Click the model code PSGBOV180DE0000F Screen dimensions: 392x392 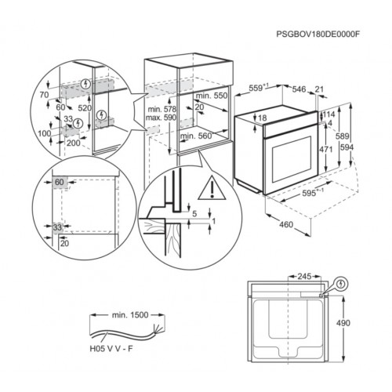click(318, 34)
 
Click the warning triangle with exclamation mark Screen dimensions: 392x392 click(212, 188)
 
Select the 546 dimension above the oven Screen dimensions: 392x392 click(299, 89)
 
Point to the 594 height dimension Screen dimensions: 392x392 click(347, 147)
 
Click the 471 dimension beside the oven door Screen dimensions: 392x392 click(326, 150)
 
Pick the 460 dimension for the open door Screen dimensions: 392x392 click(286, 224)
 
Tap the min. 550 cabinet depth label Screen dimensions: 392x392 click(212, 96)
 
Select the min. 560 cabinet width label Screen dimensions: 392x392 click(196, 136)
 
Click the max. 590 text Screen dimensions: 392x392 click(161, 118)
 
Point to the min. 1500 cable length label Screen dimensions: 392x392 click(130, 315)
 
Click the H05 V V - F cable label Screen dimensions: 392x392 click(111, 349)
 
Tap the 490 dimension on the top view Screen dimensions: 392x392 click(343, 323)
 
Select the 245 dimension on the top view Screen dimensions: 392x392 click(304, 276)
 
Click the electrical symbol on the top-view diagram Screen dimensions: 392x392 click(340, 284)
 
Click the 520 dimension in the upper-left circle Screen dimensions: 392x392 click(85, 107)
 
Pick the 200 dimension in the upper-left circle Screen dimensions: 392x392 click(74, 143)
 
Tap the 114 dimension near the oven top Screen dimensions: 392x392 click(328, 114)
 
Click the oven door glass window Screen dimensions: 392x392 click(292, 159)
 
